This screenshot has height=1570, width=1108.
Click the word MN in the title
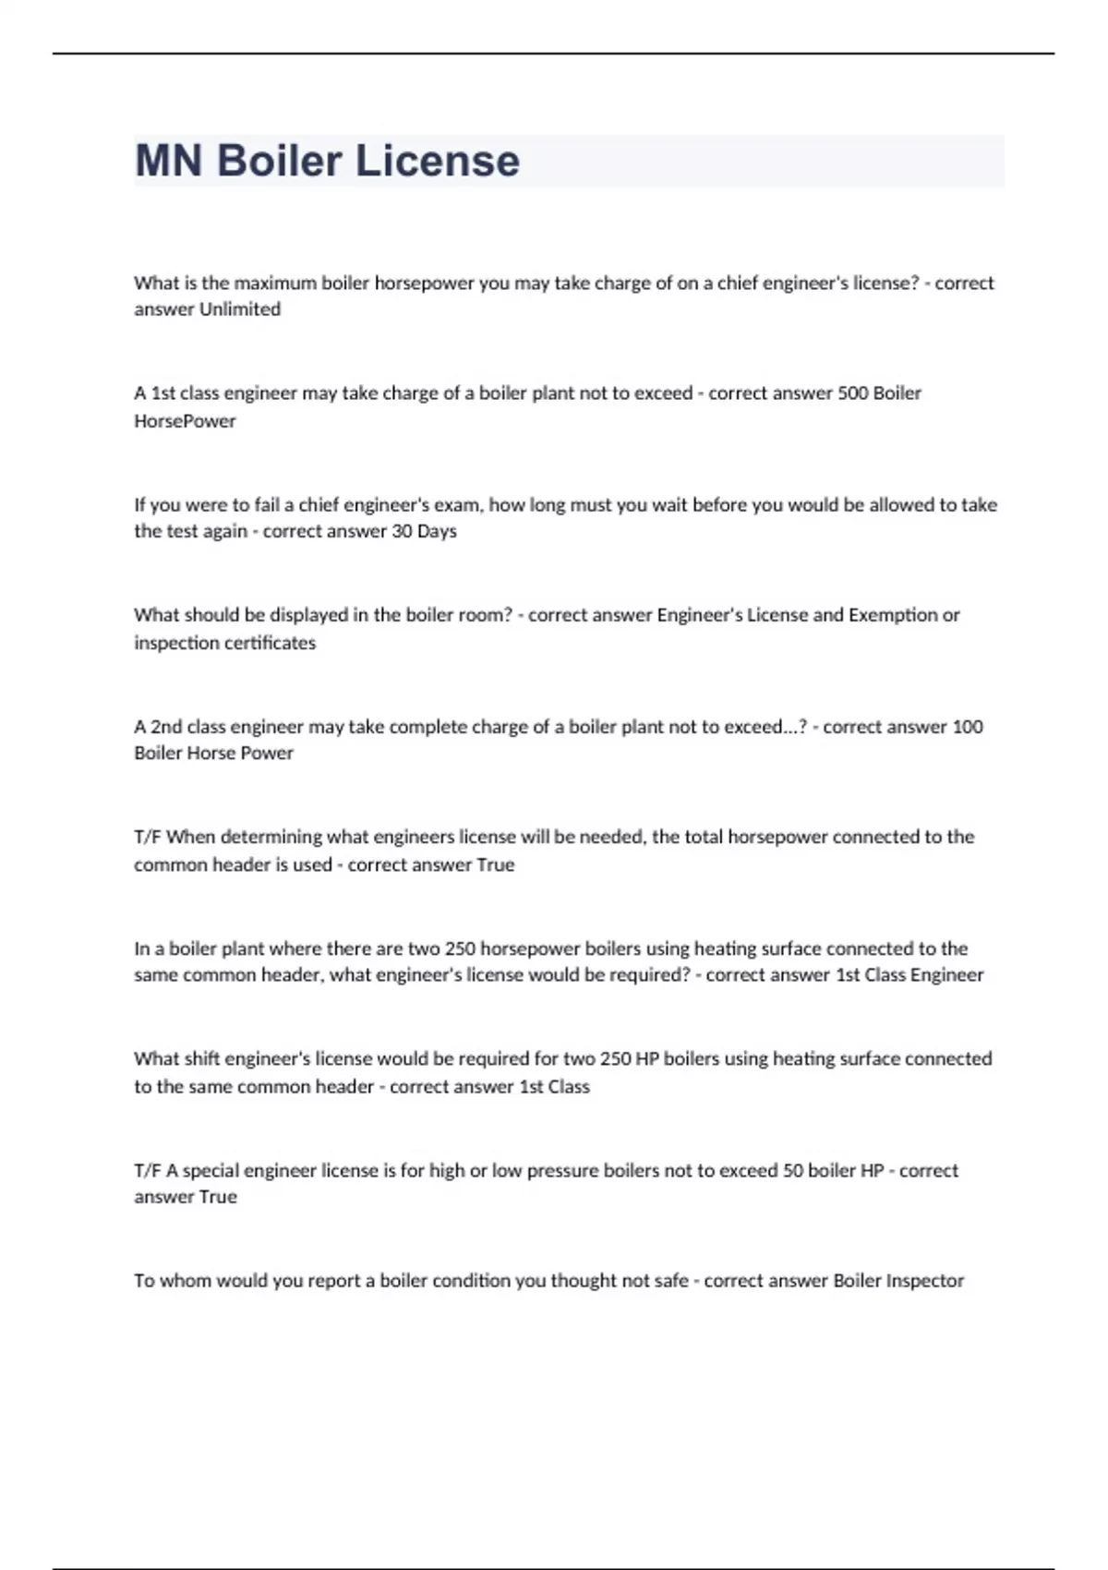(x=169, y=161)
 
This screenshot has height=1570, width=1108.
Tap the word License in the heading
(x=438, y=161)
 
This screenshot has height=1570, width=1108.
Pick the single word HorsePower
(x=185, y=421)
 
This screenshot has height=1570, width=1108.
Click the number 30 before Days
(x=402, y=531)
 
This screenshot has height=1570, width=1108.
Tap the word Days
(x=437, y=531)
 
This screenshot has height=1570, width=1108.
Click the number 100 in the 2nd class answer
(x=968, y=727)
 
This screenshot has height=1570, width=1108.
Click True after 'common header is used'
(x=495, y=865)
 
